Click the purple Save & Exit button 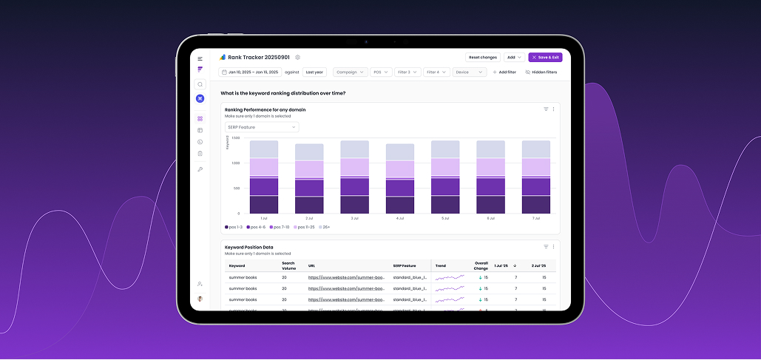click(x=545, y=57)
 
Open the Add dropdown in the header click(x=514, y=57)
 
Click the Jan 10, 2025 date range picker click(x=249, y=72)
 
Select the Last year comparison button click(x=314, y=72)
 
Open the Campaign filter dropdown click(x=351, y=72)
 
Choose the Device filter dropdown click(x=469, y=72)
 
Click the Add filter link click(x=504, y=72)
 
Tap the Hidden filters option click(x=541, y=72)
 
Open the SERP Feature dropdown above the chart click(x=262, y=127)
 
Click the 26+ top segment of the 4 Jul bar click(x=400, y=152)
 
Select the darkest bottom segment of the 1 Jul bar click(x=264, y=205)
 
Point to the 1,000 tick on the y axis click(x=235, y=163)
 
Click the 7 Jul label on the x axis click(x=536, y=219)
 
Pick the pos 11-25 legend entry click(x=304, y=227)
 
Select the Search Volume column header click(x=288, y=265)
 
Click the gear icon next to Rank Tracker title click(x=297, y=57)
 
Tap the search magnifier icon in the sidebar click(x=200, y=84)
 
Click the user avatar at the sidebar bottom click(x=200, y=299)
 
